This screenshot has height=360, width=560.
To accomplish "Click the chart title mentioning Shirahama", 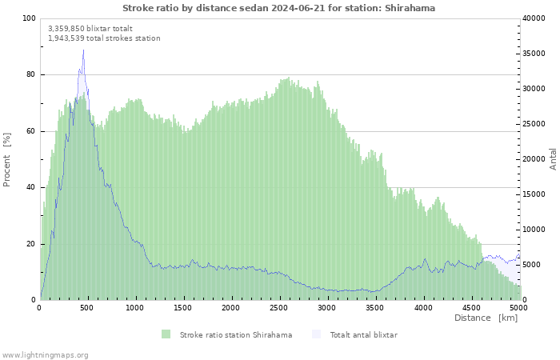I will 279,8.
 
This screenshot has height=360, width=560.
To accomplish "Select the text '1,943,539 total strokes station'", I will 104,38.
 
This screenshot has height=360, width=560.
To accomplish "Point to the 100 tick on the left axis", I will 29,18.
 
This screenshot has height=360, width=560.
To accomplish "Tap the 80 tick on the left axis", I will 31,74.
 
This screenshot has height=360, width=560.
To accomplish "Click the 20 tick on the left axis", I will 31,244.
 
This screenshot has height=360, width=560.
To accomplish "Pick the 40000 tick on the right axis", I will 534,18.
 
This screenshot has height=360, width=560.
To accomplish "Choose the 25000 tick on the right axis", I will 534,124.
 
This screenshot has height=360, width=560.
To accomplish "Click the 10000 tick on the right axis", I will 534,230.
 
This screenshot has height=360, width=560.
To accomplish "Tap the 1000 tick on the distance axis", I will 135,307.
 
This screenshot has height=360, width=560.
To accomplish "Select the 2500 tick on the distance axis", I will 278,307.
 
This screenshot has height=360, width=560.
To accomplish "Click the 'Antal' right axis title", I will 553,158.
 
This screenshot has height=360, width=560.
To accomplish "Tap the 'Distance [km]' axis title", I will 486,318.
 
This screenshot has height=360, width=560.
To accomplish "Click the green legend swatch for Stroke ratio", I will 166,334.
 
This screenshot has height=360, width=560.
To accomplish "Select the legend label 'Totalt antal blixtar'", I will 363,334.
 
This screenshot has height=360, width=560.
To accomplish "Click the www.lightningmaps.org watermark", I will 46,354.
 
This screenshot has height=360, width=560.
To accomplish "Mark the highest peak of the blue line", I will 83,50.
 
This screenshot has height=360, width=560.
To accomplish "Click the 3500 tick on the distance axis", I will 374,307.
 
